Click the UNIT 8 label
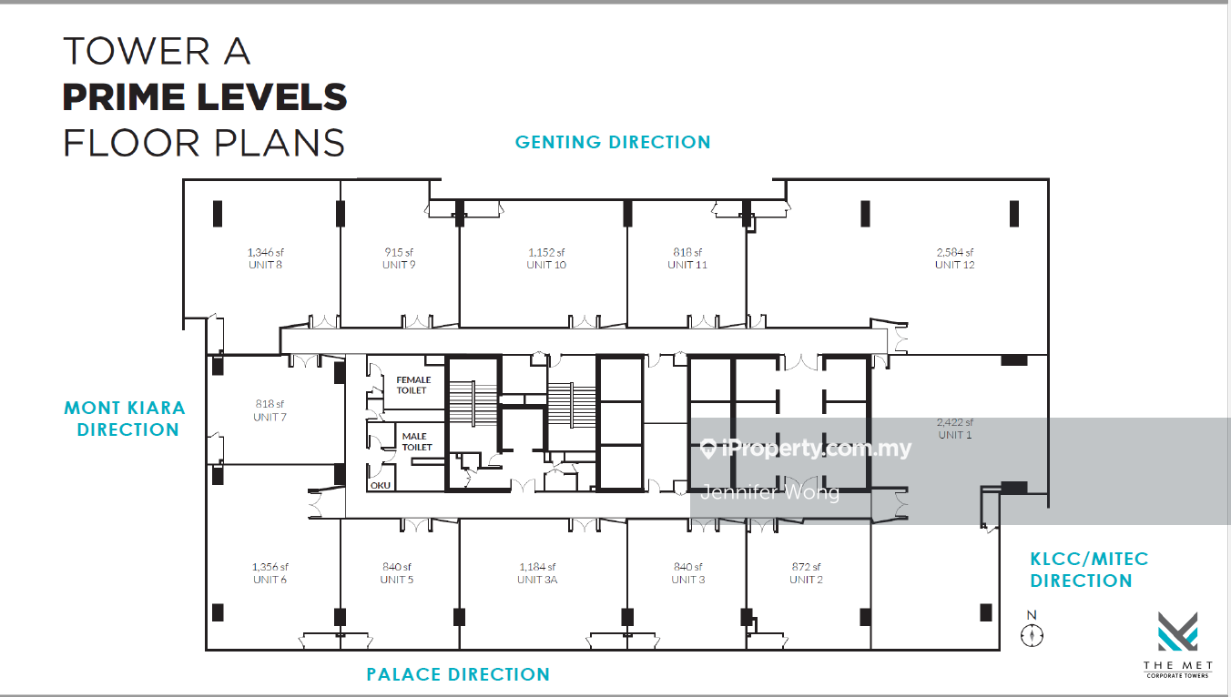tap(266, 265)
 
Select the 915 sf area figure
tap(399, 252)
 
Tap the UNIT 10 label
tap(546, 265)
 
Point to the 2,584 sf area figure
tap(955, 252)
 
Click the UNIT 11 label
tap(687, 265)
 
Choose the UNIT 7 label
tap(270, 417)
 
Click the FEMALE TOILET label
tap(413, 385)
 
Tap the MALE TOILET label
tap(417, 441)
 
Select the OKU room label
tap(381, 486)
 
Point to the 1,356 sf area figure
tap(270, 566)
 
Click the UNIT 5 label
tap(397, 580)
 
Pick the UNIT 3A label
tap(537, 580)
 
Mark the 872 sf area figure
tap(806, 566)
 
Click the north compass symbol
tap(1033, 635)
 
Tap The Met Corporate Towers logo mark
tap(1177, 631)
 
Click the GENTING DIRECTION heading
tap(613, 142)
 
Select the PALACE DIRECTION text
tap(458, 674)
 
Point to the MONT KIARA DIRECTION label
tap(126, 419)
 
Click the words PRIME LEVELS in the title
tap(205, 97)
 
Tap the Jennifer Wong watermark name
tap(770, 492)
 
